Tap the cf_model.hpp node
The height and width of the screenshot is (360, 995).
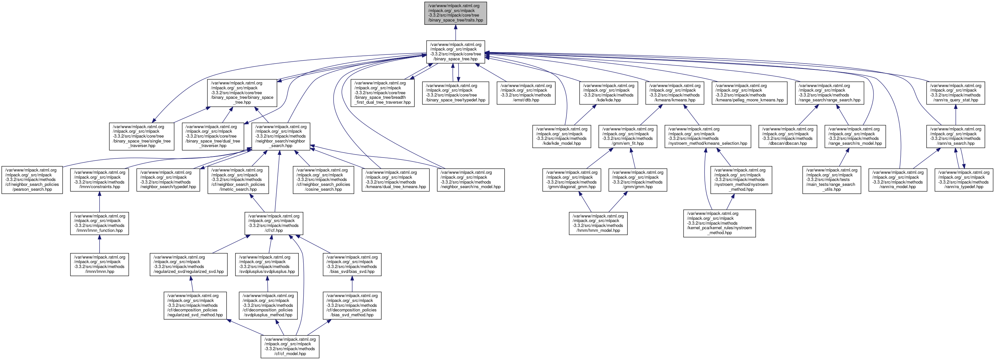click(x=290, y=347)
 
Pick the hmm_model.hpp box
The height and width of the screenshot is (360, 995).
click(x=598, y=223)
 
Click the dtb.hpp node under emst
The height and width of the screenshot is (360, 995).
click(x=526, y=93)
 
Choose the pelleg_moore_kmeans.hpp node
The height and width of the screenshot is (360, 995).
click(x=749, y=93)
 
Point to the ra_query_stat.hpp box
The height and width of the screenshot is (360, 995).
click(x=955, y=93)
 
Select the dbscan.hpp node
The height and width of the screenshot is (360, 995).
click(x=787, y=136)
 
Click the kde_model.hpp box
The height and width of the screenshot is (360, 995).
click(x=562, y=136)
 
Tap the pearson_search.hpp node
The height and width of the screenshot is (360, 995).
click(x=32, y=180)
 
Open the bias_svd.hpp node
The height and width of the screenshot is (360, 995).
click(x=352, y=264)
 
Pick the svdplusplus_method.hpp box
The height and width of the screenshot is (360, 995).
click(x=268, y=305)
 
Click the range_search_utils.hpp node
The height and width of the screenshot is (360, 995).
click(x=831, y=180)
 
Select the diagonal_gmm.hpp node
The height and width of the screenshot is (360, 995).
click(x=571, y=180)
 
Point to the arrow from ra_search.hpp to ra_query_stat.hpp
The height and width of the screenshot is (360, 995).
click(x=955, y=115)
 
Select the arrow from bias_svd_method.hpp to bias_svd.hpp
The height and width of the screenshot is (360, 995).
click(x=352, y=284)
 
